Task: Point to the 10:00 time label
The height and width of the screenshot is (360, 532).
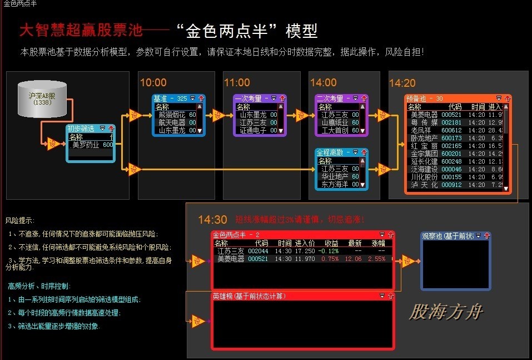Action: [x=153, y=83]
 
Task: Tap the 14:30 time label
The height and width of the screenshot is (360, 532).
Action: [x=212, y=220]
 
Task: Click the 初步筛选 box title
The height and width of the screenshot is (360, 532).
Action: [x=81, y=129]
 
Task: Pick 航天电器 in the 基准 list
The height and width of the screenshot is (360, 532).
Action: [x=172, y=122]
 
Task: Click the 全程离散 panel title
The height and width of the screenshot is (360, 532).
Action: [x=330, y=152]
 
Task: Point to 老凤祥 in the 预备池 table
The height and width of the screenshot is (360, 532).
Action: [x=420, y=130]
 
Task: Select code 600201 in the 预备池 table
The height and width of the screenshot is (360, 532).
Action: [x=451, y=154]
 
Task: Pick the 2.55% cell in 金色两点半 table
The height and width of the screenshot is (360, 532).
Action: [x=377, y=259]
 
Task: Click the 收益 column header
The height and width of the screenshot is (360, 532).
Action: [x=331, y=243]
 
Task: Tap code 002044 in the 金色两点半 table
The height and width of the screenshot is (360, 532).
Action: [x=258, y=251]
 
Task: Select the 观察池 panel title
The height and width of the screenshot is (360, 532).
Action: [x=448, y=236]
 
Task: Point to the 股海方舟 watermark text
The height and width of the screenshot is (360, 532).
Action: [x=446, y=312]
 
